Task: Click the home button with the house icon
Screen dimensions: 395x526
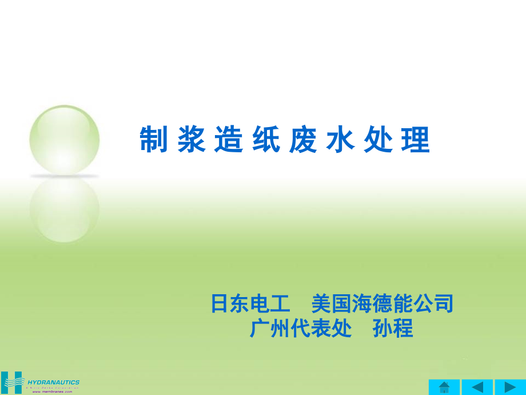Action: (x=444, y=387)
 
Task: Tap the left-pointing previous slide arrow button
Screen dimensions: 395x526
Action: (x=477, y=387)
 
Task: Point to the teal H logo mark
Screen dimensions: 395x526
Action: (x=11, y=383)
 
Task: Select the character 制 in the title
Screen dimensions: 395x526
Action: (x=154, y=140)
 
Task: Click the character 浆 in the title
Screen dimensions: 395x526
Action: (x=192, y=140)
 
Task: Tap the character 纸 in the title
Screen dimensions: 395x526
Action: (x=266, y=140)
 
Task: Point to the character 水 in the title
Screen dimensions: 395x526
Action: (x=340, y=140)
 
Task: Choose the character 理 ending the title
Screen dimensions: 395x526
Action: (x=416, y=140)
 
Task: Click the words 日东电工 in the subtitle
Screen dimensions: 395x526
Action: (x=250, y=303)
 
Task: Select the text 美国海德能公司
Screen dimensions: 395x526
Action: (x=382, y=303)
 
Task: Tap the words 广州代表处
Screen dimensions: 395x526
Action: (x=300, y=329)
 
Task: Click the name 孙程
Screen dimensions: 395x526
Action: (x=392, y=329)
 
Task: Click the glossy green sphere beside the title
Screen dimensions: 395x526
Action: (x=64, y=139)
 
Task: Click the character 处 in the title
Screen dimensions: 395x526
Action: (x=378, y=140)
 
